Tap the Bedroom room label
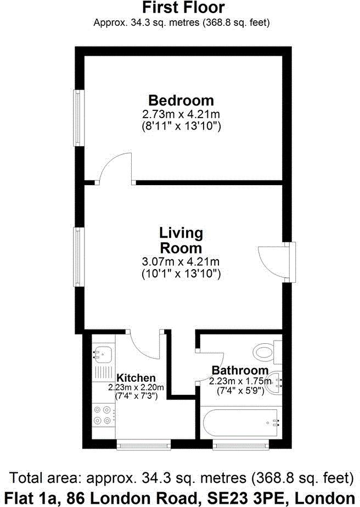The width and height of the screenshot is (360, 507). click(181, 101)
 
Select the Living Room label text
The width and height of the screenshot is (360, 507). click(181, 239)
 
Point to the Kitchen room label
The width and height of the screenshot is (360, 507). click(136, 378)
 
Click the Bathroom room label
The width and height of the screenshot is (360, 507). click(240, 370)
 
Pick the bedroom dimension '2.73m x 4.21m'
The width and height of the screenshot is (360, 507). click(181, 115)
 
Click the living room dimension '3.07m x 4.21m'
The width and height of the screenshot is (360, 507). click(181, 261)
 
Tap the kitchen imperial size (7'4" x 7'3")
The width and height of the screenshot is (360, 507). click(136, 395)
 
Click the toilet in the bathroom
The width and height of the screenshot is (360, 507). click(268, 352)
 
